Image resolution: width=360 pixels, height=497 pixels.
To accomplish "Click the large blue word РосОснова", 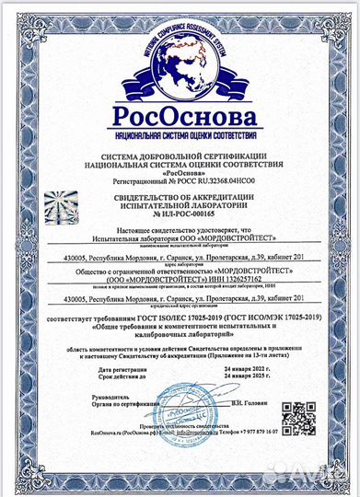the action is [180, 119].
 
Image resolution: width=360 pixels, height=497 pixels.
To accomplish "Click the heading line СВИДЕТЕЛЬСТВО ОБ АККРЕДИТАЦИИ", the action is [180, 196].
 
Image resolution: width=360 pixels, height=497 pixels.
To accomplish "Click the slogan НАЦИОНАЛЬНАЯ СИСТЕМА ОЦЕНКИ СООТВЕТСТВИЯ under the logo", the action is [180, 136].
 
